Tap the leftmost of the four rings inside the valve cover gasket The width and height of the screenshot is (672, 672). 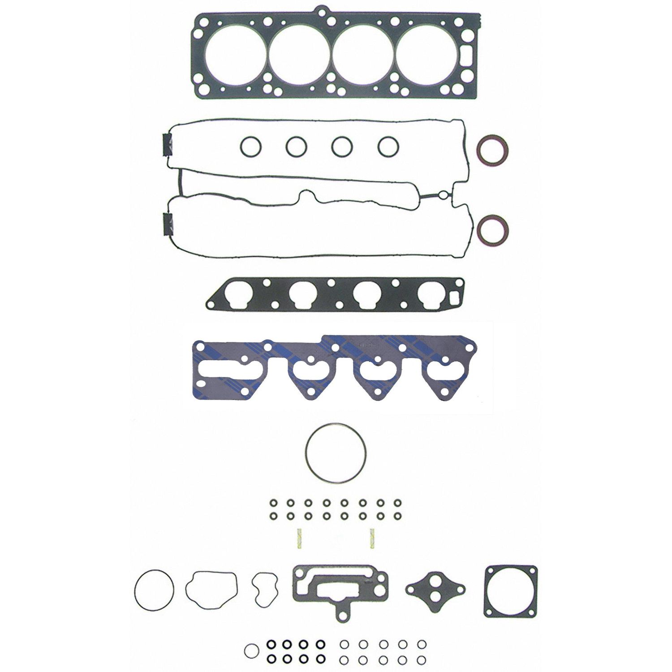coord(250,146)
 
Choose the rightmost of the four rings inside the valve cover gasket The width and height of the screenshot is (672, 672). coord(388,146)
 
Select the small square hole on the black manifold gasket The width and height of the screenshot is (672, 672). coord(453,297)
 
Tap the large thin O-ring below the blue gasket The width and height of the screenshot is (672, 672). coord(336,453)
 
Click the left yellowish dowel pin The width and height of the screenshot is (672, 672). coord(300,538)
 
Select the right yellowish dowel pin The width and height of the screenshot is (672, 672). coord(372,538)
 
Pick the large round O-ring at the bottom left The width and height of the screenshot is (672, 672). coord(154,590)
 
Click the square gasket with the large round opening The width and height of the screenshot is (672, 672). coord(510,591)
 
